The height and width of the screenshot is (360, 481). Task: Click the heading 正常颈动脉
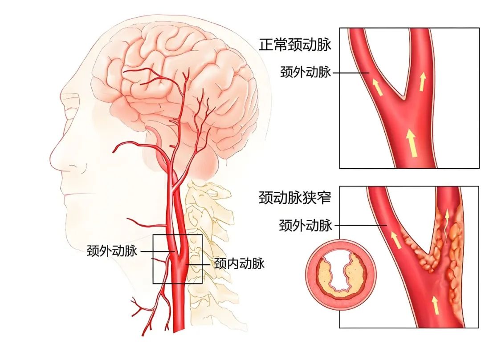tap(295, 44)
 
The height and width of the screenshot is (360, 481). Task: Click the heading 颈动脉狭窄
tap(295, 198)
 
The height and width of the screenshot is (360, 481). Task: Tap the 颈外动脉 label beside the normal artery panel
tap(306, 72)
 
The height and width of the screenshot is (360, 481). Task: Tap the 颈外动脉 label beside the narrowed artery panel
tap(306, 225)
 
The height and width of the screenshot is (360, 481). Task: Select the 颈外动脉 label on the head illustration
tap(112, 251)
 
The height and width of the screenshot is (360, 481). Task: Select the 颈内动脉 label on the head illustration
tap(239, 264)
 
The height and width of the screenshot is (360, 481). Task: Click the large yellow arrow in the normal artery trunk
tap(412, 143)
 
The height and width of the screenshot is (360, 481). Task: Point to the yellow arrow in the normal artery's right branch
tap(423, 81)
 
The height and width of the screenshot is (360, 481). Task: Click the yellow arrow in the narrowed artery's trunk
tap(435, 305)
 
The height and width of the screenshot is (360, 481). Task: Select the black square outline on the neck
tap(178, 259)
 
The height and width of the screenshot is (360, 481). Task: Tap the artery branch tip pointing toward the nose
tap(114, 150)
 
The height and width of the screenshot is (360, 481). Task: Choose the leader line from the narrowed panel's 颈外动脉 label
tap(360, 226)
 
